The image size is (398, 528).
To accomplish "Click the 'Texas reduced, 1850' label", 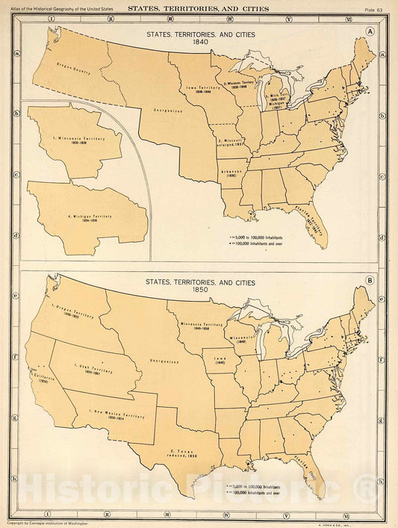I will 182,453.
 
